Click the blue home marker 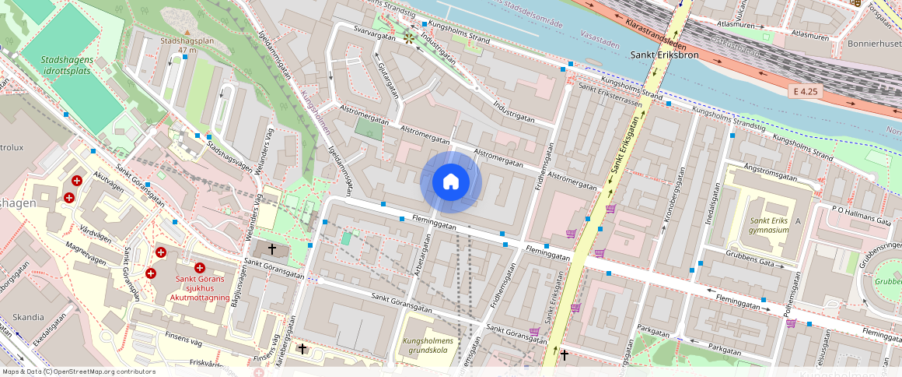point(451,182)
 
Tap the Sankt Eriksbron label point(664,55)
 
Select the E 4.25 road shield point(806,91)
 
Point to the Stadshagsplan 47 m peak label point(186,44)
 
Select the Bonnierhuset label point(875,44)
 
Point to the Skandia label point(28,317)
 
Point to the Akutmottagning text point(201,297)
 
